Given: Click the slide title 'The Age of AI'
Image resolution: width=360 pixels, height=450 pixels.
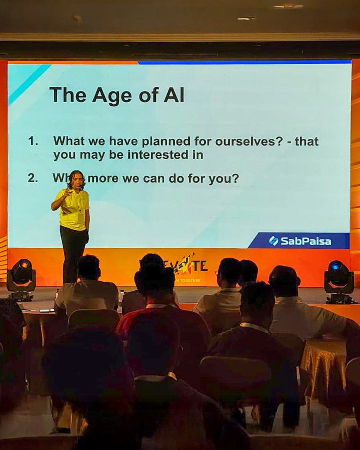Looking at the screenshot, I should [x=117, y=94].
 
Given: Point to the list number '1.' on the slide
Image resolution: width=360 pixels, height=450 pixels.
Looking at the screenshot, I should [x=33, y=141].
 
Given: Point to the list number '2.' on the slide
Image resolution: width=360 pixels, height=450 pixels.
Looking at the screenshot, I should [x=33, y=178].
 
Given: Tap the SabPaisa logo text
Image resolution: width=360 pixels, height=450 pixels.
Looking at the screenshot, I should [x=306, y=241].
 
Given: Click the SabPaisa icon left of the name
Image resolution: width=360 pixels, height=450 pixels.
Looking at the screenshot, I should [x=274, y=241].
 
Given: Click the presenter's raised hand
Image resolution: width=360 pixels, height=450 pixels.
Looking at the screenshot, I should [x=68, y=192].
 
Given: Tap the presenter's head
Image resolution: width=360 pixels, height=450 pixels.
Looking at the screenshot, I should [x=77, y=180].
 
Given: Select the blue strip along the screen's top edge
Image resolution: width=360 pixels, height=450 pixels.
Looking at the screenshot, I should [x=244, y=62].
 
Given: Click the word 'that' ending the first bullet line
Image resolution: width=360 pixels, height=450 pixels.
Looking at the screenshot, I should [x=306, y=141].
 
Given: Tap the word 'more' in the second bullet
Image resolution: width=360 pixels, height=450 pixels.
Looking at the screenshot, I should [x=103, y=178].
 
